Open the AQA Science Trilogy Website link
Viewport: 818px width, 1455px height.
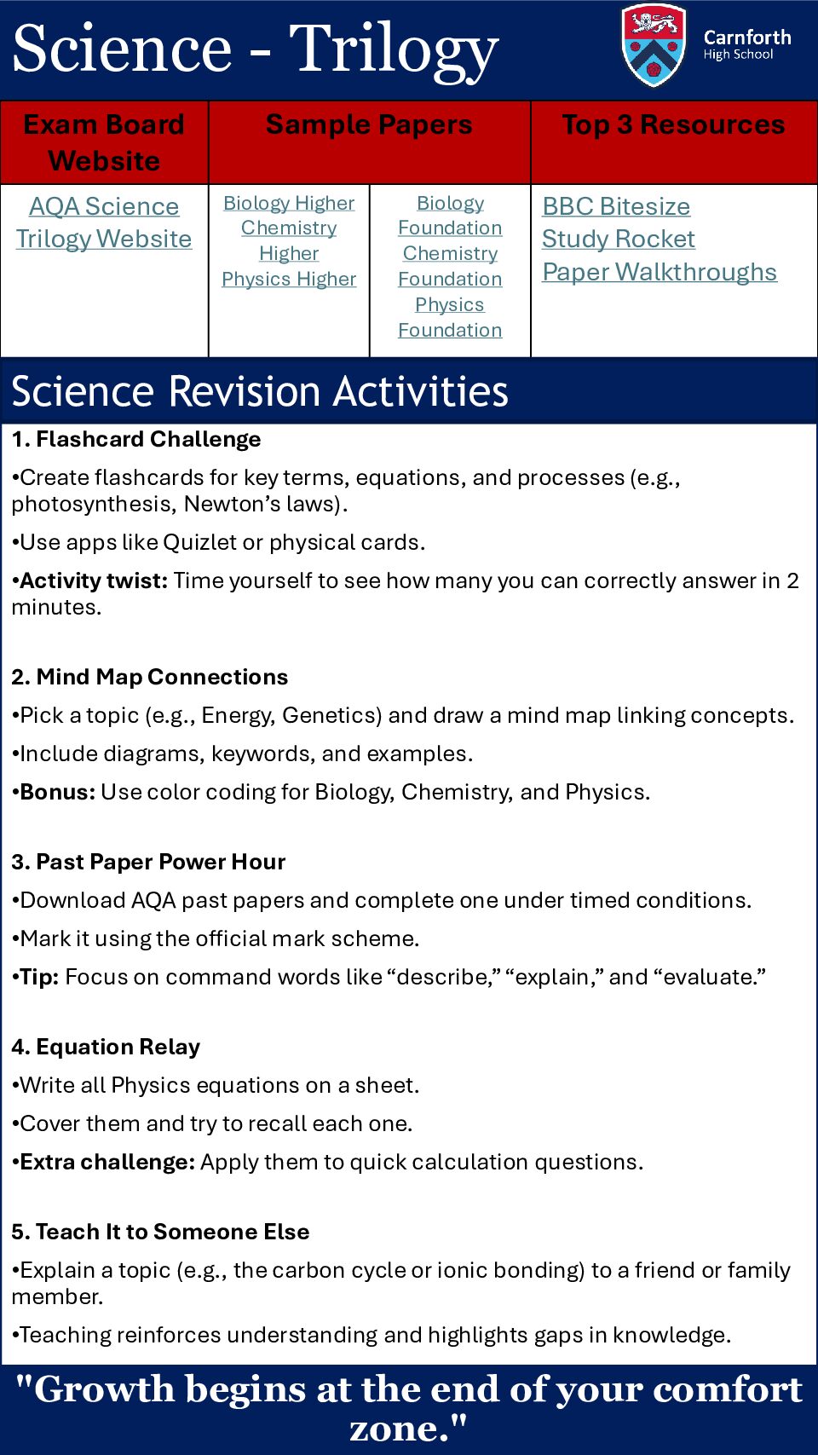click(104, 222)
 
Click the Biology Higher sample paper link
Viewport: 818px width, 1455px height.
click(289, 203)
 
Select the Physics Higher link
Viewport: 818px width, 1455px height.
click(289, 280)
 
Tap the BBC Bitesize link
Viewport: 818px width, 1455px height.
click(616, 206)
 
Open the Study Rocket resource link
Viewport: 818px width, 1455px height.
click(619, 240)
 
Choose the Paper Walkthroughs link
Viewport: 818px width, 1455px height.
click(660, 272)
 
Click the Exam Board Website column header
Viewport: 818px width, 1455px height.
click(104, 142)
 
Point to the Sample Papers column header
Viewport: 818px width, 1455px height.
click(369, 125)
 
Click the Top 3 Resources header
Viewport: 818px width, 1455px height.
click(673, 125)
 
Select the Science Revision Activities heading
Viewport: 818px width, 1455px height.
click(260, 392)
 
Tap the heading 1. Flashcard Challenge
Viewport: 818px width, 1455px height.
click(136, 440)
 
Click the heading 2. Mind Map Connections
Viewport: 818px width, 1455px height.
click(150, 678)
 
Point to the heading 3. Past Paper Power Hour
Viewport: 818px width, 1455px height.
click(148, 863)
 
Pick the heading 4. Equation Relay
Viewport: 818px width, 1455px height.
click(107, 1048)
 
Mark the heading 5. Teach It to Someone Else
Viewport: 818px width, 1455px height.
click(160, 1233)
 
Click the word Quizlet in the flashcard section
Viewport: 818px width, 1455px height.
click(200, 543)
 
